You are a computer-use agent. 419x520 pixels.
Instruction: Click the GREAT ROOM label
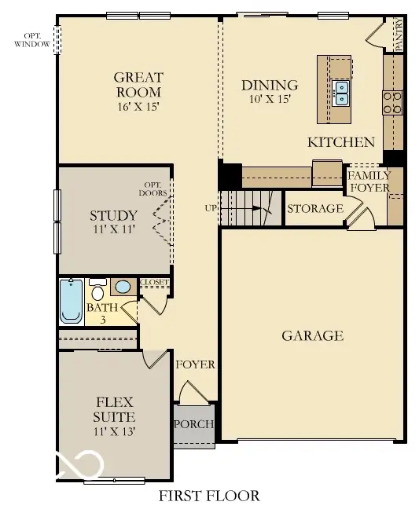click(138, 85)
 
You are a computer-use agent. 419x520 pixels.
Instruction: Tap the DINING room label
click(270, 85)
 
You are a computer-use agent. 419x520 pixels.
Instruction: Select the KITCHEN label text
click(340, 142)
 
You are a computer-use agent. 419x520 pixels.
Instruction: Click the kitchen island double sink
click(341, 93)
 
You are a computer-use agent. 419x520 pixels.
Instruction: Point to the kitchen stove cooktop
click(391, 102)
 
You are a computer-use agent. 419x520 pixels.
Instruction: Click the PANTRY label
click(399, 36)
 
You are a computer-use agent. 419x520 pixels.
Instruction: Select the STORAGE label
click(314, 208)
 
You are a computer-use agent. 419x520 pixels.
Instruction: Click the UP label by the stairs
click(211, 208)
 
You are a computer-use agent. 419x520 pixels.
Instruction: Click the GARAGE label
click(312, 335)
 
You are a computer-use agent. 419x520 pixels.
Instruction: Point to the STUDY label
click(113, 215)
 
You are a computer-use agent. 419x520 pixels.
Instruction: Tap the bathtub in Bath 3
click(71, 302)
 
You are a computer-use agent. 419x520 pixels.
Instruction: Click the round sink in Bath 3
click(123, 286)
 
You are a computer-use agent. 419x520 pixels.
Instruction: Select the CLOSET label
click(154, 282)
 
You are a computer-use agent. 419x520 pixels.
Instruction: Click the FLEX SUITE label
click(113, 408)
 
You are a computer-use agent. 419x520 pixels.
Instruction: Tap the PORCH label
click(193, 424)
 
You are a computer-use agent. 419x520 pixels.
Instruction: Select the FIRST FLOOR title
click(209, 496)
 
